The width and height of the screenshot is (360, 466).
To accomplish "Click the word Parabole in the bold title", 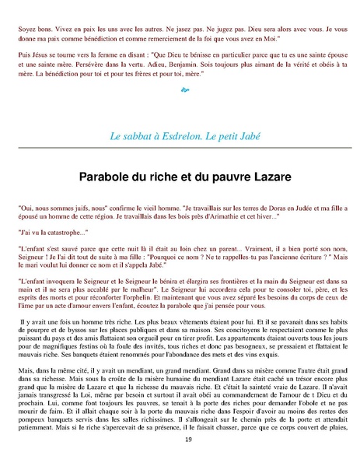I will (x=114, y=178).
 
